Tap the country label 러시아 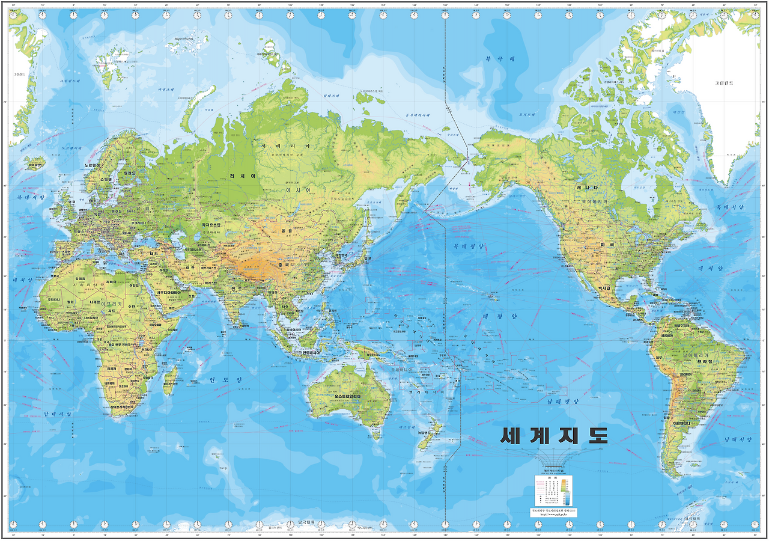[x=242, y=176]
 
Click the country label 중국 [x=283, y=264]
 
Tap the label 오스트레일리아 [x=339, y=397]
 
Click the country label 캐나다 [x=586, y=188]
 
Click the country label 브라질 [x=705, y=361]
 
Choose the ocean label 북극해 [x=500, y=59]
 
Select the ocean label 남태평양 [x=562, y=401]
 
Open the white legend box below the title [x=553, y=491]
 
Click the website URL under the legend [x=553, y=515]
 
